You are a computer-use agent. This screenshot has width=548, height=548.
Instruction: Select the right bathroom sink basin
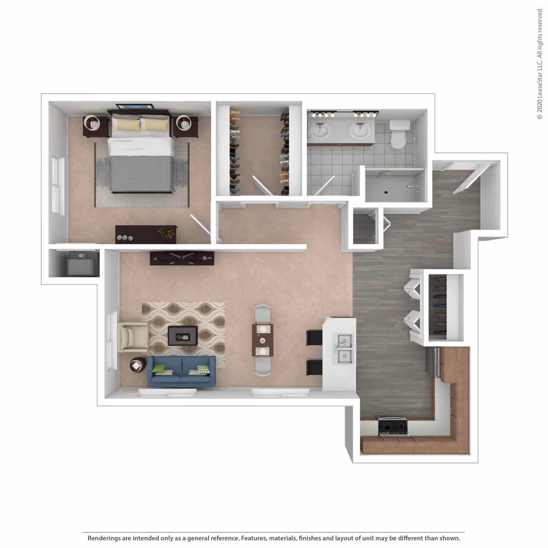pos(360,131)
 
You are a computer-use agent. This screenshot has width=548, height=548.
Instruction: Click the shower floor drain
pos(386,192)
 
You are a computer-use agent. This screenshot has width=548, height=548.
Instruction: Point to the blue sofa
pos(182,371)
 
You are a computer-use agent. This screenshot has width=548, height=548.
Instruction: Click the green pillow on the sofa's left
pos(159,368)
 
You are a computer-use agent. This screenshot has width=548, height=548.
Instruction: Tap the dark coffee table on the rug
pos(183,336)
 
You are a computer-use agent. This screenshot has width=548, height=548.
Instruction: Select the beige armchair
pos(133,337)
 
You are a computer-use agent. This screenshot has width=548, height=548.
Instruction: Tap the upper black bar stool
pos(314,337)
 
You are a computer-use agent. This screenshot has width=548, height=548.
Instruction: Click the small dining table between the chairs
pos(263,340)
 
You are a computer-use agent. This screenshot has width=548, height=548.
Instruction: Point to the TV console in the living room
pos(182,258)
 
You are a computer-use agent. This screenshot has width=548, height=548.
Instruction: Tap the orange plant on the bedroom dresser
pos(166,232)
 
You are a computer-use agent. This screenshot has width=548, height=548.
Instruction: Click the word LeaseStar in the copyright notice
pos(539,83)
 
